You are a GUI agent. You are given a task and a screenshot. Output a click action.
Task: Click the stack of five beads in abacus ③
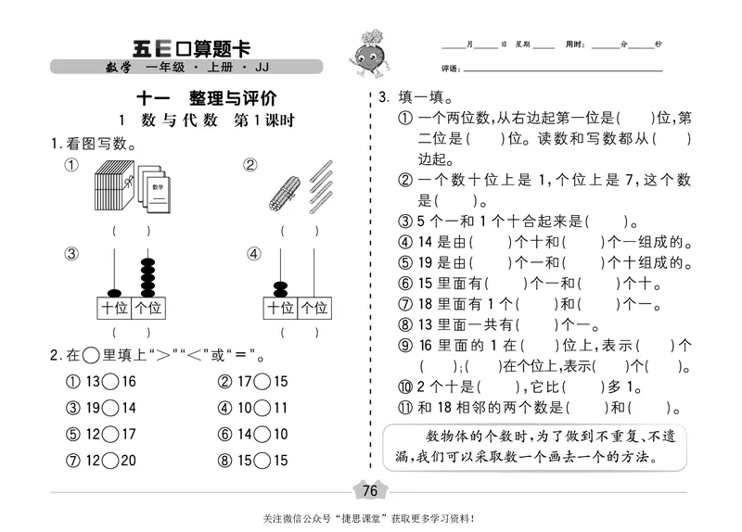click(x=147, y=276)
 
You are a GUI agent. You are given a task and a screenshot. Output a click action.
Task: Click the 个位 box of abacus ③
click(x=147, y=309)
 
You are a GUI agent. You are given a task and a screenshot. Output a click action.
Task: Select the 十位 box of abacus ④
click(x=280, y=309)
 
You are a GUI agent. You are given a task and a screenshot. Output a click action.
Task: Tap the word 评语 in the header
click(x=452, y=70)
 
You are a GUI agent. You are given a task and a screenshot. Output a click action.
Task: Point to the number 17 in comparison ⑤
click(x=126, y=435)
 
